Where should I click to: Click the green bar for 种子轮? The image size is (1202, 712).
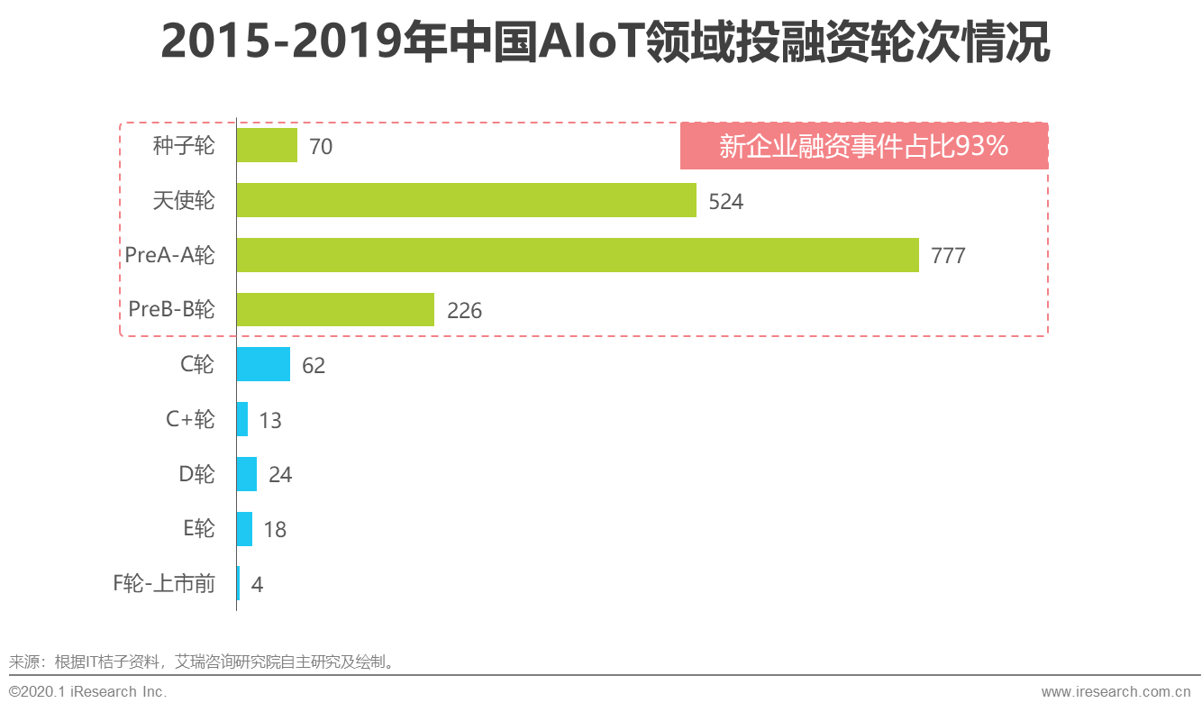coord(267,145)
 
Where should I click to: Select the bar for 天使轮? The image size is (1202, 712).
coord(466,200)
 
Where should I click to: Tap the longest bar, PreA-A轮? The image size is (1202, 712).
coord(578,255)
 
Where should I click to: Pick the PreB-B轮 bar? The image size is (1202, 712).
coord(335,310)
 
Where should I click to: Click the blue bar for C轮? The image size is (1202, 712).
coord(263,364)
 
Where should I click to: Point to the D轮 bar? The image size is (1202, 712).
coord(247,474)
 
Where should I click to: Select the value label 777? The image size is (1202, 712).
coord(948,256)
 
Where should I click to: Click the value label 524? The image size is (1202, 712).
coord(725,202)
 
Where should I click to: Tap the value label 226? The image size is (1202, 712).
coord(464,311)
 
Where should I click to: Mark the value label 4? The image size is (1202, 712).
coord(257,585)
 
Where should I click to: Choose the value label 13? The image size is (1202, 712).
coord(269,421)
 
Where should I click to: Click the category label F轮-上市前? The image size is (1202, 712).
coord(164,584)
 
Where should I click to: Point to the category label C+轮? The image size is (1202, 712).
coord(190,419)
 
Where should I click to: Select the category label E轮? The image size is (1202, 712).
coord(198,529)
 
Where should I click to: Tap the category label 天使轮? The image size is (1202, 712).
coord(184,200)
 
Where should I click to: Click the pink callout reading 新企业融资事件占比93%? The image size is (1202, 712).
coord(863,146)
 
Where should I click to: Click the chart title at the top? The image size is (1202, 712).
coord(606,43)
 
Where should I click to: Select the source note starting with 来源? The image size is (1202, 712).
coord(203,662)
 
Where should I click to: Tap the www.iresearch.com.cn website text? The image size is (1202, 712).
coord(1115,692)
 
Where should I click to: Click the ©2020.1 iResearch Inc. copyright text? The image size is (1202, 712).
coord(87,692)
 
